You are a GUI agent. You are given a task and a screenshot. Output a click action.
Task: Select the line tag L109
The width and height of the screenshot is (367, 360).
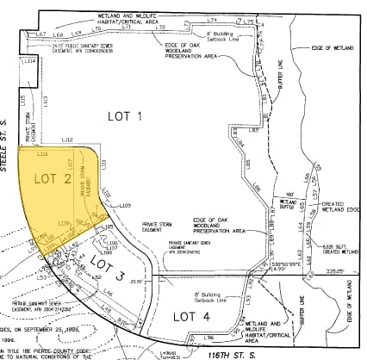pos(124,205)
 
